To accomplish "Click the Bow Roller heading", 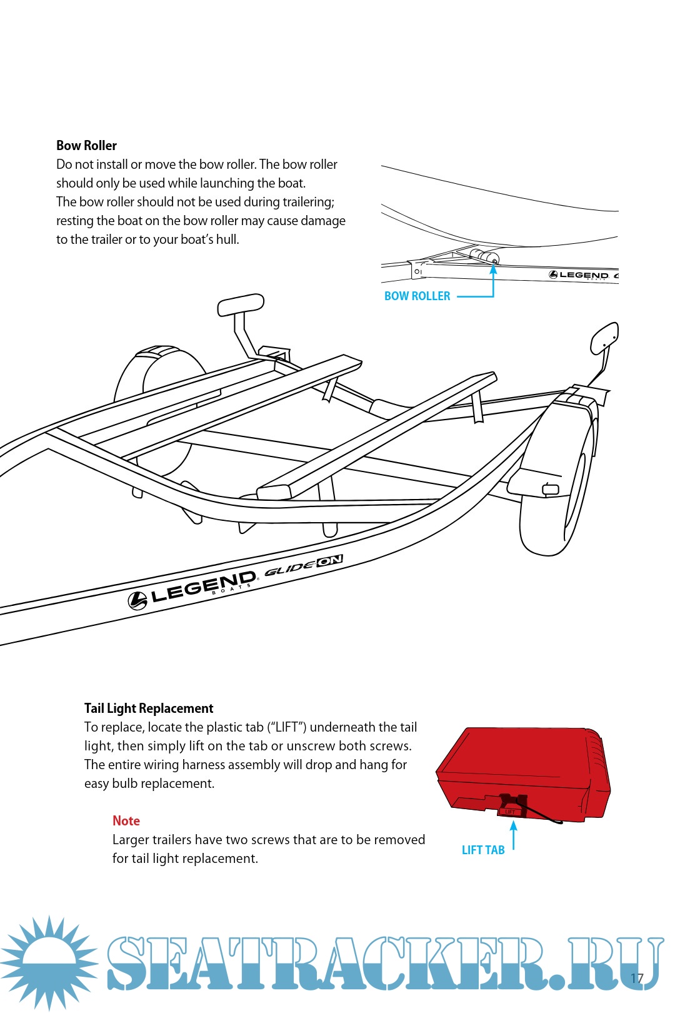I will tap(86, 146).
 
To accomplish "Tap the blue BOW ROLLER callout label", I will tap(417, 296).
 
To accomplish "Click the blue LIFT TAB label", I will tap(482, 850).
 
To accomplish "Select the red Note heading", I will tap(126, 821).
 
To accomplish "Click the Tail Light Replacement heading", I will tap(149, 708).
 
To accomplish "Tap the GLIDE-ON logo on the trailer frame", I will tap(304, 565).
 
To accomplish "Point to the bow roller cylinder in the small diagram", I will tap(483, 255).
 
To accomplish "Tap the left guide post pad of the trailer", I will tap(241, 305).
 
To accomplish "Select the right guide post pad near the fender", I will tap(604, 337).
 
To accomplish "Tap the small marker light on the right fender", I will tap(551, 489).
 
